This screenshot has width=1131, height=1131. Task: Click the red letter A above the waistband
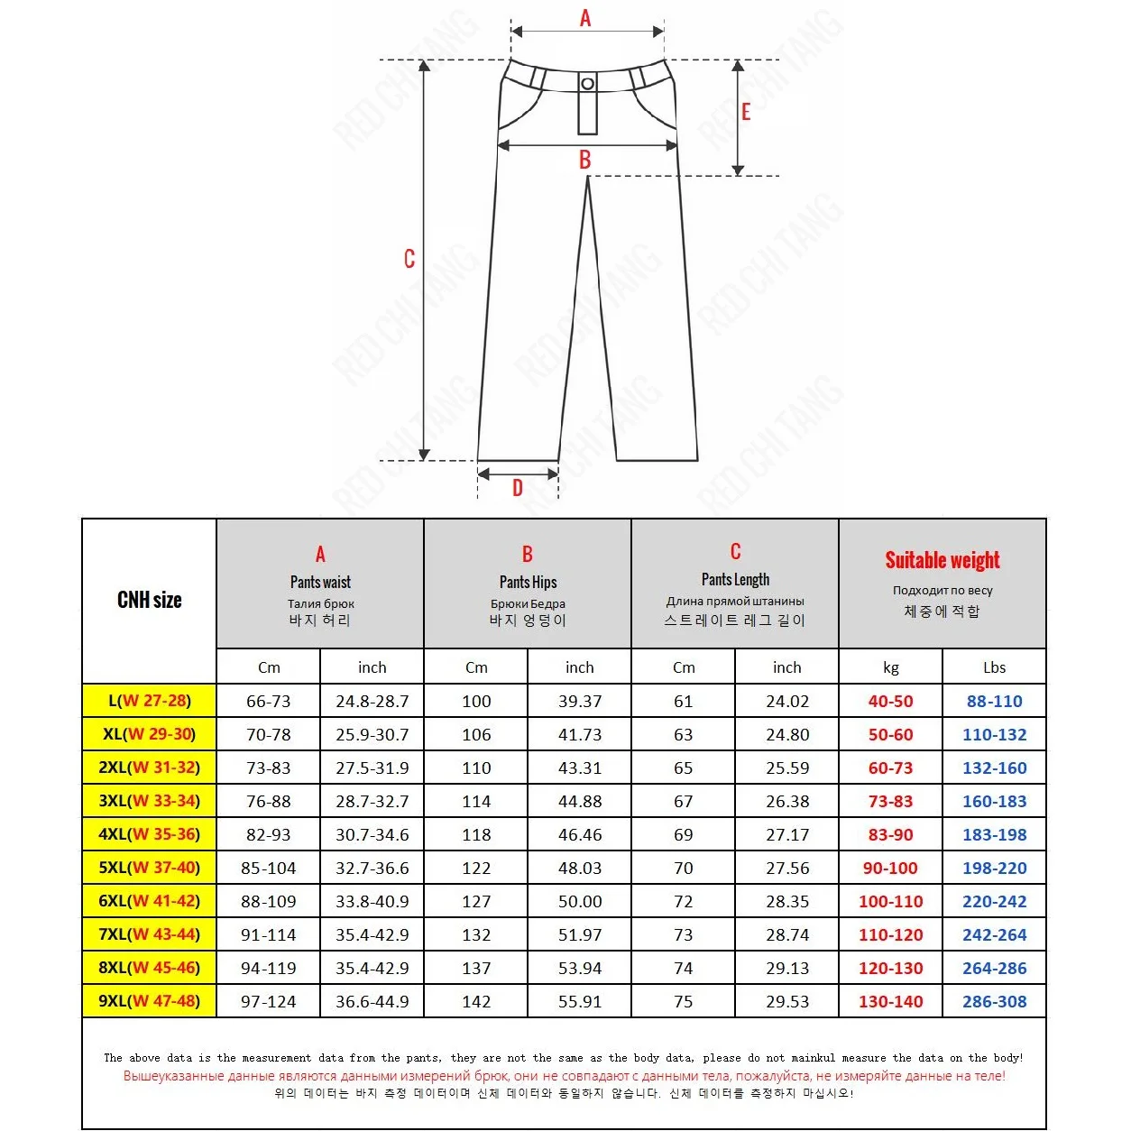coord(585,18)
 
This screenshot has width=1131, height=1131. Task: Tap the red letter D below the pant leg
coord(518,488)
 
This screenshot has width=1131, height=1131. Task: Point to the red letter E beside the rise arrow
coord(746,112)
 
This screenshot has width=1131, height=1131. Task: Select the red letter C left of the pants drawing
coord(409,259)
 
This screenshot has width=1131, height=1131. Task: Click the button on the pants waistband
coord(587,84)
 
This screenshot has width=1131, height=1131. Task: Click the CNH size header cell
coord(150,600)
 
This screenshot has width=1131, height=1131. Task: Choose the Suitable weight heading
coord(942,560)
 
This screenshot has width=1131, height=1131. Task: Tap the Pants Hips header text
coord(528,582)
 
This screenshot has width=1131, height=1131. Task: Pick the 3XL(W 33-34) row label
coord(150,801)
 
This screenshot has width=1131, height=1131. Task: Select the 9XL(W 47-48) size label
coord(150,1001)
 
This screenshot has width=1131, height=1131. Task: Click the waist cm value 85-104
coord(269,868)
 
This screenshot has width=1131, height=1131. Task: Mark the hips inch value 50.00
coord(580,901)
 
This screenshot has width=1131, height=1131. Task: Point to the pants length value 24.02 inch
coord(787,701)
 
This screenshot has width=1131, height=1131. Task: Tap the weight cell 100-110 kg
coord(890,901)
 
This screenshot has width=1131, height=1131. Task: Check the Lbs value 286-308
coord(994,1001)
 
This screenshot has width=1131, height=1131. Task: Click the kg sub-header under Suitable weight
coord(890,667)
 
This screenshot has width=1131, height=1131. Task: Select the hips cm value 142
coord(476,1001)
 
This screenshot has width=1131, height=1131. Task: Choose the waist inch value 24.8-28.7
coord(372,701)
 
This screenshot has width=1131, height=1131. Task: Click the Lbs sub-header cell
coord(994,667)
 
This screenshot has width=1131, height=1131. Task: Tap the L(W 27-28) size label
coord(150,701)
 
